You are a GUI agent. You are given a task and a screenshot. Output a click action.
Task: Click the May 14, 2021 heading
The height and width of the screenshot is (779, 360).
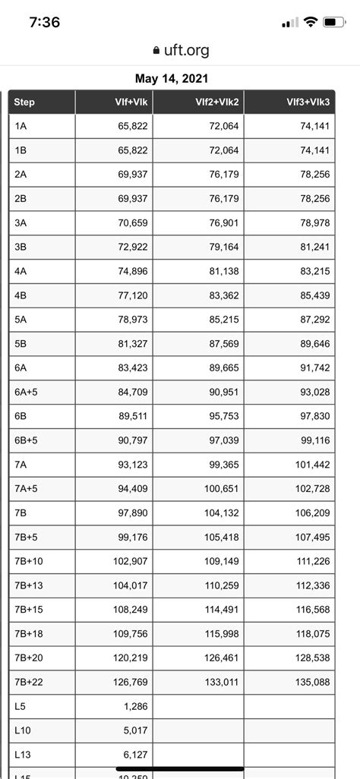pyautogui.click(x=172, y=78)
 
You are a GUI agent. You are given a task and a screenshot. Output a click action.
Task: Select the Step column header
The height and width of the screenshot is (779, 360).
pyautogui.click(x=24, y=102)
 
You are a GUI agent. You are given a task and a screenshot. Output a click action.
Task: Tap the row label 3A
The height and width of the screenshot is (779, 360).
pyautogui.click(x=21, y=223)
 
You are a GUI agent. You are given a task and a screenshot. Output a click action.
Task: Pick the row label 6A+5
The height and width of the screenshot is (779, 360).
pyautogui.click(x=26, y=393)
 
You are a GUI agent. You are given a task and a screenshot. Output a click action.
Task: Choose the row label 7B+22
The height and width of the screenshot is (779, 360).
pyautogui.click(x=29, y=683)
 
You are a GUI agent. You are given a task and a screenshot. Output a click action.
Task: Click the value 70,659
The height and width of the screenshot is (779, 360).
pyautogui.click(x=133, y=223)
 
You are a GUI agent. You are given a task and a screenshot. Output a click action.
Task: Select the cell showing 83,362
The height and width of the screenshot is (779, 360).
pyautogui.click(x=223, y=296)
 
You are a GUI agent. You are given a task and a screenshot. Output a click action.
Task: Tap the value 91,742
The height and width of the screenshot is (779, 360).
pyautogui.click(x=315, y=368)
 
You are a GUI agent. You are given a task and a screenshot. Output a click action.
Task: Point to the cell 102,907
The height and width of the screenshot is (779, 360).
pyautogui.click(x=130, y=562)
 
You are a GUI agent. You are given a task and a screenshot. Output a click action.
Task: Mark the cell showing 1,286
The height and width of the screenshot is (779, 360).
pyautogui.click(x=135, y=707)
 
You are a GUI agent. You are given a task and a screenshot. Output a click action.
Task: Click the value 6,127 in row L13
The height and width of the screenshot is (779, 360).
pyautogui.click(x=135, y=755)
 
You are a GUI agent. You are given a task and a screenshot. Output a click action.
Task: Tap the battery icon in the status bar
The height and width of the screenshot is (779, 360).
pyautogui.click(x=334, y=23)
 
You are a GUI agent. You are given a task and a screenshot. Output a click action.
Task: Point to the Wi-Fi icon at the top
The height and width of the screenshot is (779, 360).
pyautogui.click(x=310, y=23)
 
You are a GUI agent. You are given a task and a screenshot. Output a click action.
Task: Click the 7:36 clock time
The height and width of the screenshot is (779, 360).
pyautogui.click(x=45, y=22)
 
